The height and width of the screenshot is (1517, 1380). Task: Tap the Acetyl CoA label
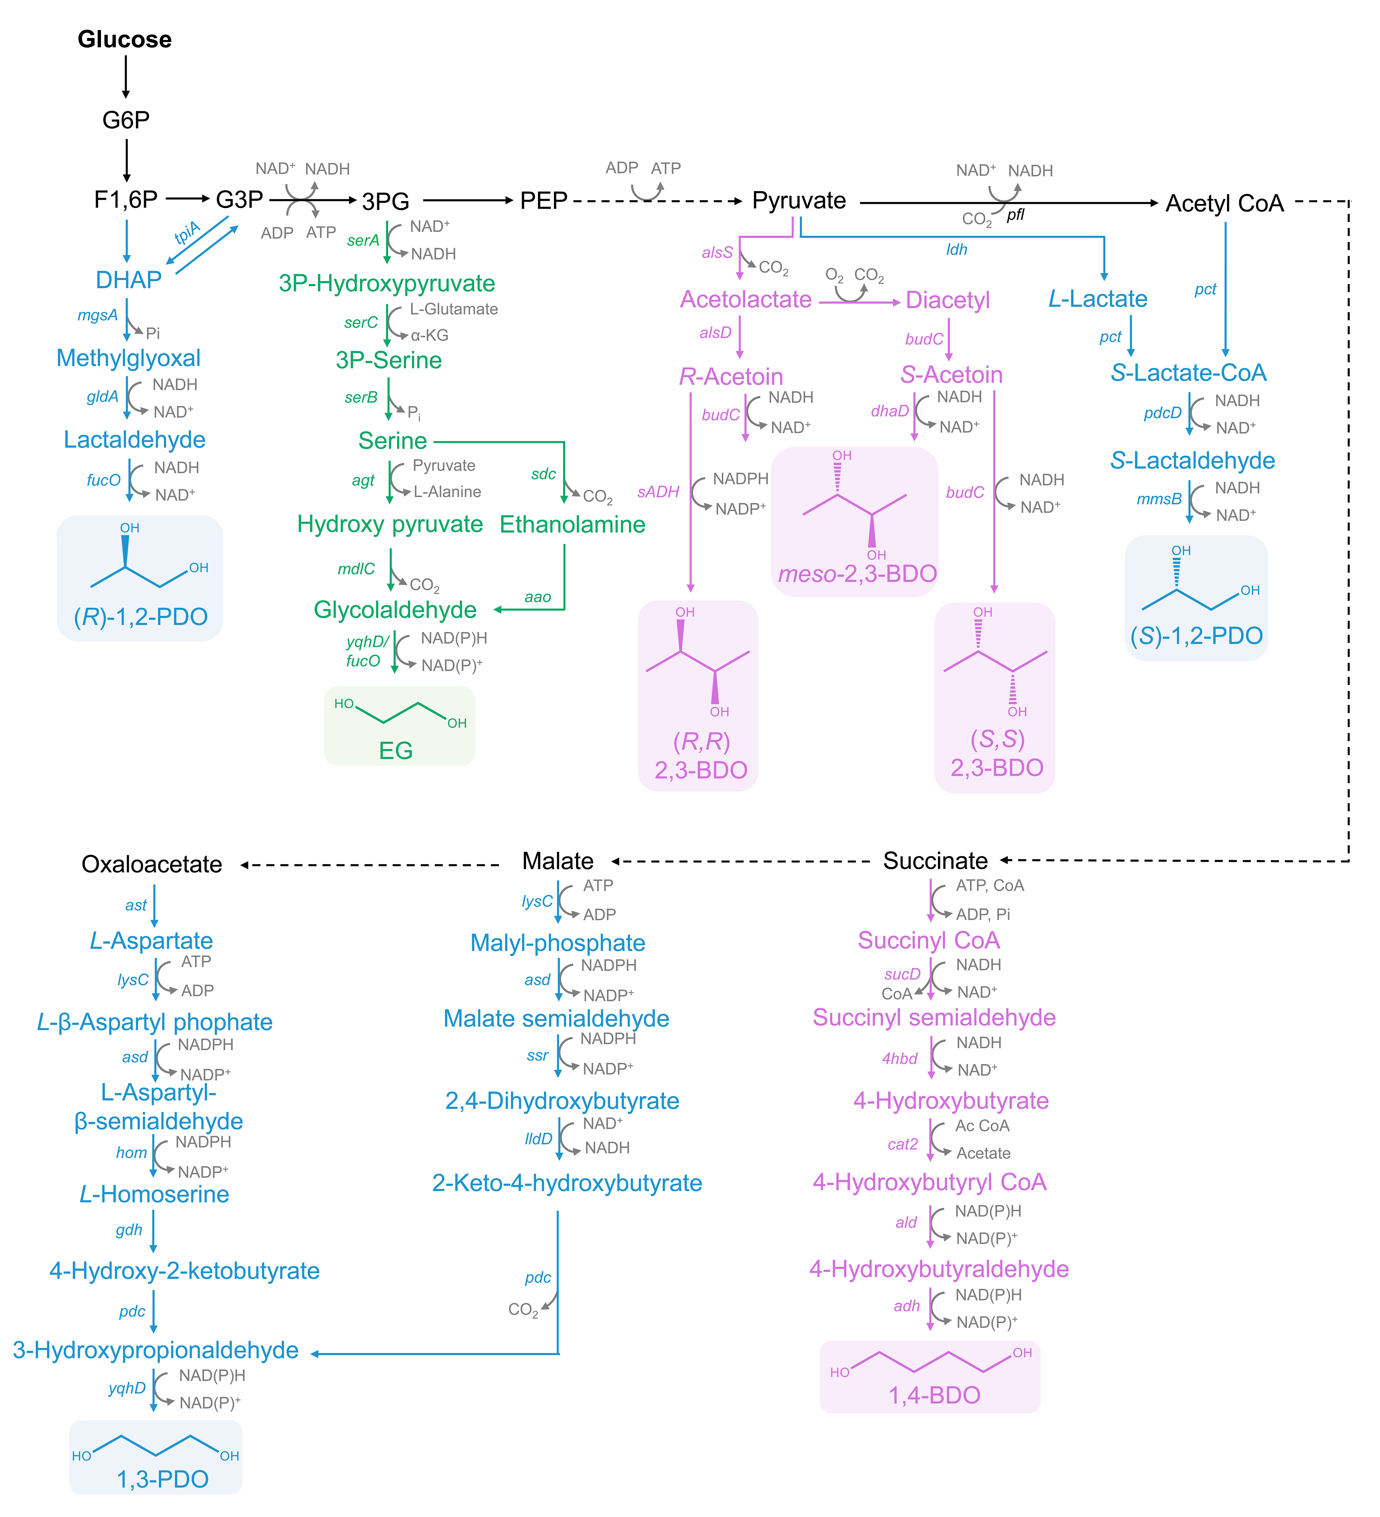(x=1224, y=203)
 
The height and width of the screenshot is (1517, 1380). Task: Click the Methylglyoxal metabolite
(x=129, y=358)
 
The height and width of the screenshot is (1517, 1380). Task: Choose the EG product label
(x=396, y=750)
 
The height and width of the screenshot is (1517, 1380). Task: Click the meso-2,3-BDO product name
(x=857, y=574)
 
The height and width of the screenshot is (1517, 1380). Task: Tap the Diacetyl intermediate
(x=947, y=300)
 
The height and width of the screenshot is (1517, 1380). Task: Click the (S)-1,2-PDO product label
(x=1197, y=636)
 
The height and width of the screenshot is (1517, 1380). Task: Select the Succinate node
(x=935, y=861)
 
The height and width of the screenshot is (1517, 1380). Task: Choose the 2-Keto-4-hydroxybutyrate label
(x=567, y=1183)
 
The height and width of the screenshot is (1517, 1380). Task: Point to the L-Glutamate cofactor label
(x=454, y=309)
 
